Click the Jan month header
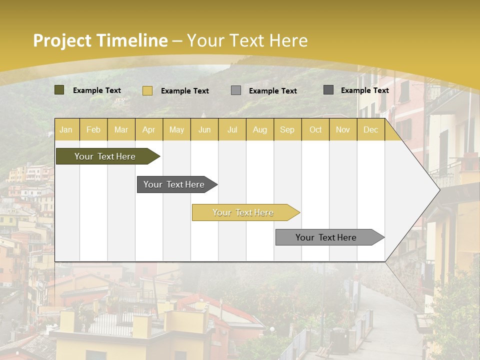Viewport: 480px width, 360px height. click(66, 130)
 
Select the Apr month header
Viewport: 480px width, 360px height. click(148, 130)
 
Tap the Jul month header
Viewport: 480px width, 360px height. click(232, 130)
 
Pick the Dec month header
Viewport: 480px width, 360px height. click(370, 130)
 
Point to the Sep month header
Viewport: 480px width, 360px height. click(287, 130)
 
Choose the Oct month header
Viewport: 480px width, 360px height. click(315, 130)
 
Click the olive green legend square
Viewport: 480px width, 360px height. click(59, 90)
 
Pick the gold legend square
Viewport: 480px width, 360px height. click(147, 90)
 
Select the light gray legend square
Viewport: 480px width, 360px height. click(236, 90)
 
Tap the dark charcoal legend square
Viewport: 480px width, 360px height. click(328, 90)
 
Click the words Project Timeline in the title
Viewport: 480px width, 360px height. click(100, 40)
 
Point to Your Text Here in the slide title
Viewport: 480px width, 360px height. click(247, 40)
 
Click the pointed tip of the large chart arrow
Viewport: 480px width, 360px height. click(438, 189)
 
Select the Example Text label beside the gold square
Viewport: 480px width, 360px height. click(184, 91)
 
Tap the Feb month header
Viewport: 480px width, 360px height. click(93, 130)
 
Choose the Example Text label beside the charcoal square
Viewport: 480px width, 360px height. click(364, 90)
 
